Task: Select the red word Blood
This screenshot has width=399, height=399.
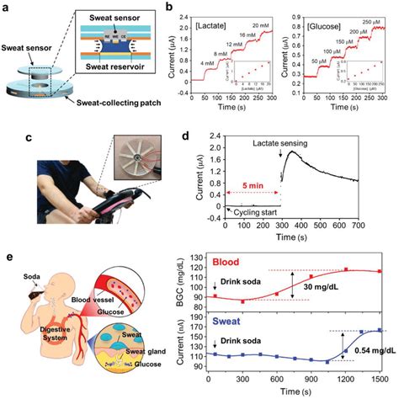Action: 227,262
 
